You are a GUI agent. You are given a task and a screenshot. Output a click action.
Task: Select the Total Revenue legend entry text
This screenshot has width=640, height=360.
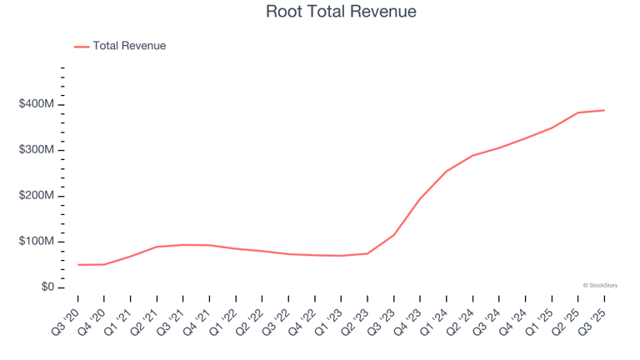[x=129, y=46]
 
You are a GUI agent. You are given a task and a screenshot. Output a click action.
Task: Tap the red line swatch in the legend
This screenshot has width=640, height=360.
[x=82, y=47]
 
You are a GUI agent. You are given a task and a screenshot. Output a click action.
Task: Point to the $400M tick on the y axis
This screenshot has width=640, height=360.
[x=37, y=104]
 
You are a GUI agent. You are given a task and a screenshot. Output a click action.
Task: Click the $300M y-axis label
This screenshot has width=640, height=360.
[x=37, y=150]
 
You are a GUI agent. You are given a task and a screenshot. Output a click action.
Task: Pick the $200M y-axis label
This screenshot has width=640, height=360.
[x=37, y=196]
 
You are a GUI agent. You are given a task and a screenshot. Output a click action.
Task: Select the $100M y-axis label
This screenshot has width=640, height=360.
[x=37, y=242]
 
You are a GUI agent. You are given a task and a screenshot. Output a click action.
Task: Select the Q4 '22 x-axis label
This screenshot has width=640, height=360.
[x=305, y=317]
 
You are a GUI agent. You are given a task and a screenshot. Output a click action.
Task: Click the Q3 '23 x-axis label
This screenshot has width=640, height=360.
[x=384, y=317]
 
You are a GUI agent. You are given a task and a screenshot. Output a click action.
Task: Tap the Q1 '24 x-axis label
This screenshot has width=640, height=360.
[x=437, y=317]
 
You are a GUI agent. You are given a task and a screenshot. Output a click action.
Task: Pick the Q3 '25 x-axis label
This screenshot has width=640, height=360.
[x=595, y=317]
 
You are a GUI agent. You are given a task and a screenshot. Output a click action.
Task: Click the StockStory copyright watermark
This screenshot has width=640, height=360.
[x=600, y=285]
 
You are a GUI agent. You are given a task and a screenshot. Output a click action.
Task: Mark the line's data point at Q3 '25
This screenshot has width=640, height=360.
[x=604, y=110]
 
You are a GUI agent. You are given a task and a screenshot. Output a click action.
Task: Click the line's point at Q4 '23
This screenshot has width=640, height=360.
[x=420, y=198]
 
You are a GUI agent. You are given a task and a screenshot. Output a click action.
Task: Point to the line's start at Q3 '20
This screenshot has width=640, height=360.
[x=77, y=265]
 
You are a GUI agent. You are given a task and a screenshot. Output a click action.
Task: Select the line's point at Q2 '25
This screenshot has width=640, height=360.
[x=578, y=112]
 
